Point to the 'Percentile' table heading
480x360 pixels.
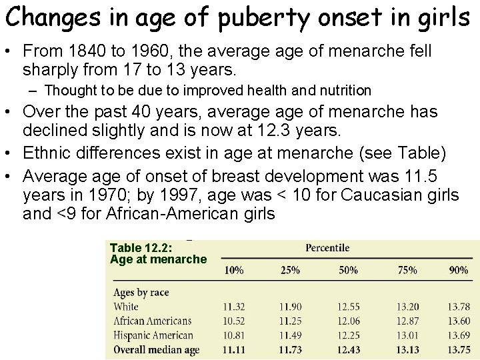[x=327, y=248]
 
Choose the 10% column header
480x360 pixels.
[x=233, y=270]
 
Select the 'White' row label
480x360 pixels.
[x=126, y=307]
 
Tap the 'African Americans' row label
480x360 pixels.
[x=153, y=321]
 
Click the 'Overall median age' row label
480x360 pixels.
[x=157, y=349]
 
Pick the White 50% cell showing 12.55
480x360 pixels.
[x=348, y=307]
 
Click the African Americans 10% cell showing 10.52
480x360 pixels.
[x=234, y=321]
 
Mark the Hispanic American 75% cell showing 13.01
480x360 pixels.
[x=407, y=335]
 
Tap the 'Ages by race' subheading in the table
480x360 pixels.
[x=141, y=293]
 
